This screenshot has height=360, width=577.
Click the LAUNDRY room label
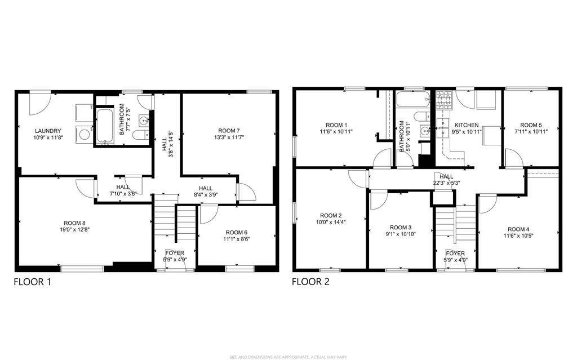[x=48, y=131]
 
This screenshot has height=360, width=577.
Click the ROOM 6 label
[x=236, y=232]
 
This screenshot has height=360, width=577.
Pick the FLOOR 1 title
[x=32, y=282]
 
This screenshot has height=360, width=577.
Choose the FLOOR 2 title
[x=310, y=282]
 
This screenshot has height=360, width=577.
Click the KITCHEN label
[x=467, y=125]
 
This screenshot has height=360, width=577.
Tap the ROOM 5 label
[x=531, y=125]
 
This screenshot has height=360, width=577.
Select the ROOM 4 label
[x=518, y=229]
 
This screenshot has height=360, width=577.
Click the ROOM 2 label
[x=331, y=215]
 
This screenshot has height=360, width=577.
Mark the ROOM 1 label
[x=336, y=125]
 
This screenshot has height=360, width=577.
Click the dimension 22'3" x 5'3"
[x=446, y=183]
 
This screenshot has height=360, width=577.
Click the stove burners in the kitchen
[x=443, y=101]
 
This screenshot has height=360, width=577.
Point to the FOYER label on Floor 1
[x=175, y=253]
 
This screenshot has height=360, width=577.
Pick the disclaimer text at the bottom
[x=288, y=357]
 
